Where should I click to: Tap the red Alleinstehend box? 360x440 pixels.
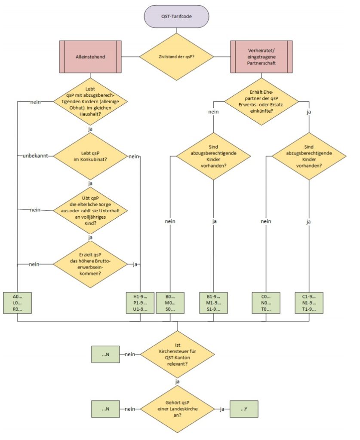89,56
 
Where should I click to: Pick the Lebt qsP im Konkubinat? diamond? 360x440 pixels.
90,156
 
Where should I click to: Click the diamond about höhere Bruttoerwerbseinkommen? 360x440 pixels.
90,264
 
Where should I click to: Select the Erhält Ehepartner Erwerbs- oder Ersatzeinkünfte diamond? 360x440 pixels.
262,101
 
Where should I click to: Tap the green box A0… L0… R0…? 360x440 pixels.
18,302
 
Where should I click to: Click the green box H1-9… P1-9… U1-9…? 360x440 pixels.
140,302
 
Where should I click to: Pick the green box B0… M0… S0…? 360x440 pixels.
170,302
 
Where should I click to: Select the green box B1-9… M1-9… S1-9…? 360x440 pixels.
214,302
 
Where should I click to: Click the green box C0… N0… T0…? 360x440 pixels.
266,302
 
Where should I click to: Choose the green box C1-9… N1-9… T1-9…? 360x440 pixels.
309,302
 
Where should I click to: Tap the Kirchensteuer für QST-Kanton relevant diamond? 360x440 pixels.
177,354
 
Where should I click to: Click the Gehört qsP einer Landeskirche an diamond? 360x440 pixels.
177,409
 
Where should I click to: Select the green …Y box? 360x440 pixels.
244,409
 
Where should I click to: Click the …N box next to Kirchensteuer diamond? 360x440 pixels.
105,354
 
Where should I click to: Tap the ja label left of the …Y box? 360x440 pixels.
222,409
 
